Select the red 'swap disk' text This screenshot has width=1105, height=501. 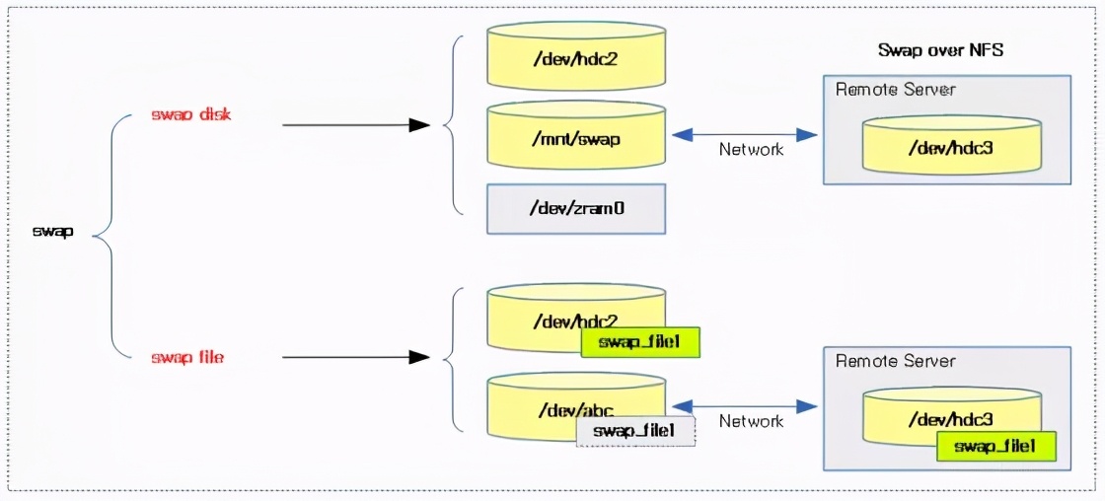pyautogui.click(x=191, y=115)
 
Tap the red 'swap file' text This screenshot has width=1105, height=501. pyautogui.click(x=187, y=357)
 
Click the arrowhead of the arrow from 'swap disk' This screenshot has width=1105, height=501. pyautogui.click(x=420, y=125)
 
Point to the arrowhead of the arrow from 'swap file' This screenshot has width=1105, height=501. pyautogui.click(x=420, y=357)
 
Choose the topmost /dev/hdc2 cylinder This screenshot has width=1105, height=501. pyautogui.click(x=576, y=58)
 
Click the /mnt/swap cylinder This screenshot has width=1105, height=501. pyautogui.click(x=576, y=138)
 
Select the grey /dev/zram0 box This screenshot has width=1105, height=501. pyautogui.click(x=576, y=208)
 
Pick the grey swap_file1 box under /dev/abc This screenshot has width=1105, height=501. pyautogui.click(x=635, y=431)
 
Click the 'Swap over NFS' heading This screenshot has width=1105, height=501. pyautogui.click(x=940, y=49)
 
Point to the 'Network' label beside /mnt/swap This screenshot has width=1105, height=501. pyautogui.click(x=751, y=150)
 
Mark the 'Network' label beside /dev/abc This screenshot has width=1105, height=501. pyautogui.click(x=751, y=421)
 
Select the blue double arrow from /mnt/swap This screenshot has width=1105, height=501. pyautogui.click(x=745, y=134)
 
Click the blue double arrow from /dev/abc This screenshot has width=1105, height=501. pyautogui.click(x=745, y=404)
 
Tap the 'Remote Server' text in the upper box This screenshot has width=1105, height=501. pyautogui.click(x=896, y=90)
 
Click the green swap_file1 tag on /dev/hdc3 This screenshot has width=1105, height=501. pyautogui.click(x=995, y=447)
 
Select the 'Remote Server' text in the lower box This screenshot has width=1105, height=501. pyautogui.click(x=896, y=361)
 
